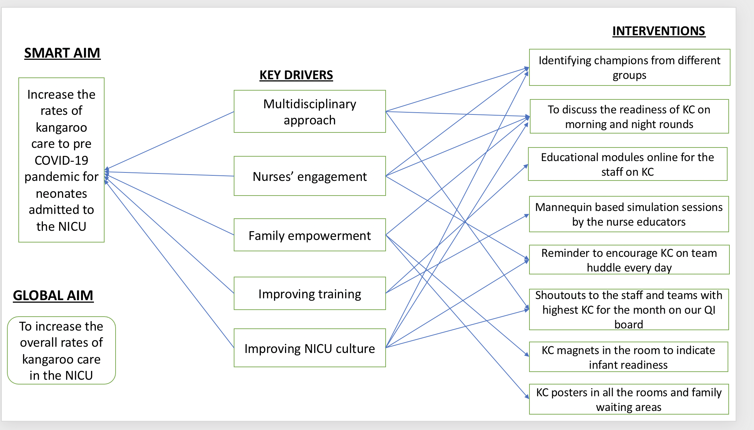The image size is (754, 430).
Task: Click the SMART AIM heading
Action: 62,53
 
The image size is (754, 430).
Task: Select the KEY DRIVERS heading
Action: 296,75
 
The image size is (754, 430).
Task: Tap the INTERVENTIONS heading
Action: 659,31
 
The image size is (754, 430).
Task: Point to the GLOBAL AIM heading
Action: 53,295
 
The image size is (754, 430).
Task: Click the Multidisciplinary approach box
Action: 310,112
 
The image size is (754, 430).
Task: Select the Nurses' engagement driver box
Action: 310,176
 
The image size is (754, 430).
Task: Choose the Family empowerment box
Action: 310,235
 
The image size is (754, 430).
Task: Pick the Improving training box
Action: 310,294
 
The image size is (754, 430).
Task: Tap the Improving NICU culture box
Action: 310,348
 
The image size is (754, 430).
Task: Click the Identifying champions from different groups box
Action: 630,68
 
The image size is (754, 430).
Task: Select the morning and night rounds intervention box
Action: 629,116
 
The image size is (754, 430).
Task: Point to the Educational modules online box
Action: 628,164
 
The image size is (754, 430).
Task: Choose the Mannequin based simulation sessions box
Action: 629,214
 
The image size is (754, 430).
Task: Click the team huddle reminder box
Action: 629,260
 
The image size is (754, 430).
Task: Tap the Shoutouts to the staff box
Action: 629,310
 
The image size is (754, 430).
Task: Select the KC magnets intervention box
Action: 629,357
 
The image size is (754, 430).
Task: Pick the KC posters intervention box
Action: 629,399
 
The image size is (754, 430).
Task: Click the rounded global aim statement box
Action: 61,350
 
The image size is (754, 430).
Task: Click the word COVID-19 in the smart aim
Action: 61,160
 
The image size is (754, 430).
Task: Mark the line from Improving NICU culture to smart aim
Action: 169,264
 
